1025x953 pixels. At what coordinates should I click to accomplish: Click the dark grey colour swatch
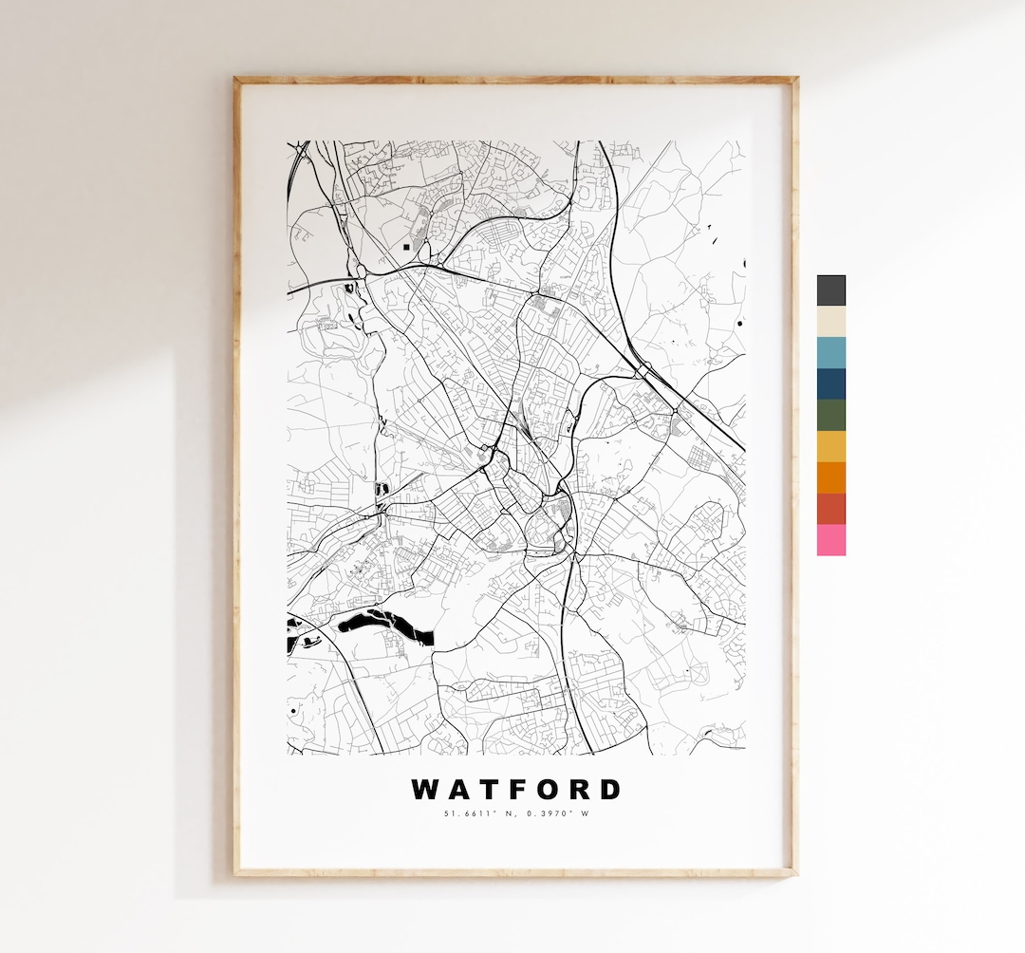[830, 290]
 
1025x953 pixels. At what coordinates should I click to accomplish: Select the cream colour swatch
[830, 322]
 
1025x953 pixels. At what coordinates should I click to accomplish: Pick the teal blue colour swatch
[830, 353]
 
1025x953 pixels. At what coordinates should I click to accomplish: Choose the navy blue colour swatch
[830, 384]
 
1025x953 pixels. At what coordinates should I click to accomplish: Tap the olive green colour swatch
[830, 416]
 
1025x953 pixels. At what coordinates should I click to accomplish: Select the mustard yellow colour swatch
[830, 446]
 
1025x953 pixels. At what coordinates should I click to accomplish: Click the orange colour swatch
[830, 477]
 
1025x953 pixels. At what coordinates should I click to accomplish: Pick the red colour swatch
[830, 509]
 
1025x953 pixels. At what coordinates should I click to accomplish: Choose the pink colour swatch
[830, 540]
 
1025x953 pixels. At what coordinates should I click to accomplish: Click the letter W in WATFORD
[424, 790]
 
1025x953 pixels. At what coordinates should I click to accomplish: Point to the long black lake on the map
[384, 625]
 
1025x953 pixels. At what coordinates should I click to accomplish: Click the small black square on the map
[406, 247]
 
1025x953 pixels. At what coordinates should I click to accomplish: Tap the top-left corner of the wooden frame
[236, 80]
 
